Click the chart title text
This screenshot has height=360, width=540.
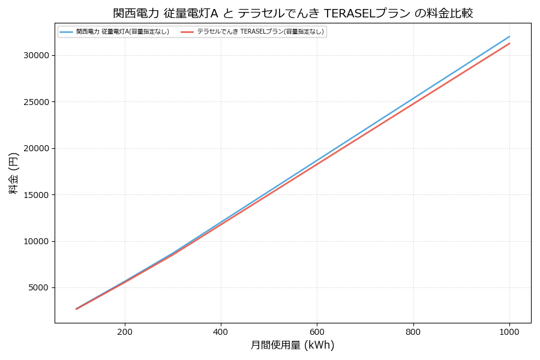293,13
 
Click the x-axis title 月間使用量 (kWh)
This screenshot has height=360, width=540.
292,345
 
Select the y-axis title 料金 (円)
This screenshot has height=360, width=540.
13,173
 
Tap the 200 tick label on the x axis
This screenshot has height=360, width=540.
125,331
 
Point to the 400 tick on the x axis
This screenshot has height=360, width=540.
221,331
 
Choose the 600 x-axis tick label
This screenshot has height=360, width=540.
317,331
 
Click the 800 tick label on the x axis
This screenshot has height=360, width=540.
413,331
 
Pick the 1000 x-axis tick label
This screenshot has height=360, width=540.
509,331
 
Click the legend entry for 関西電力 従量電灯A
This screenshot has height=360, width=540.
122,32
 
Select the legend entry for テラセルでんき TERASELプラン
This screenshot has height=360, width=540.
260,32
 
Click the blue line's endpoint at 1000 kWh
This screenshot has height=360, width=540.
509,36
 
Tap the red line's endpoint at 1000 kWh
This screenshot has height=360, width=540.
509,43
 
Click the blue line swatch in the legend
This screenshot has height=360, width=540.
66,32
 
